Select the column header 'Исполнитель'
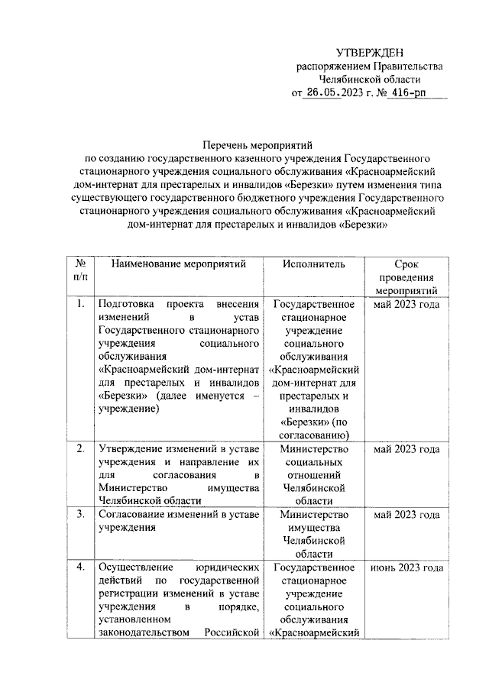(x=314, y=264)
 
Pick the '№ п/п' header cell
(x=79, y=270)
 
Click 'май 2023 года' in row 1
(x=406, y=305)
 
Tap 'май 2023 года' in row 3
(x=406, y=513)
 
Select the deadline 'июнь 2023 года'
(x=406, y=568)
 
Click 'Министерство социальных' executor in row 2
(x=314, y=456)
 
